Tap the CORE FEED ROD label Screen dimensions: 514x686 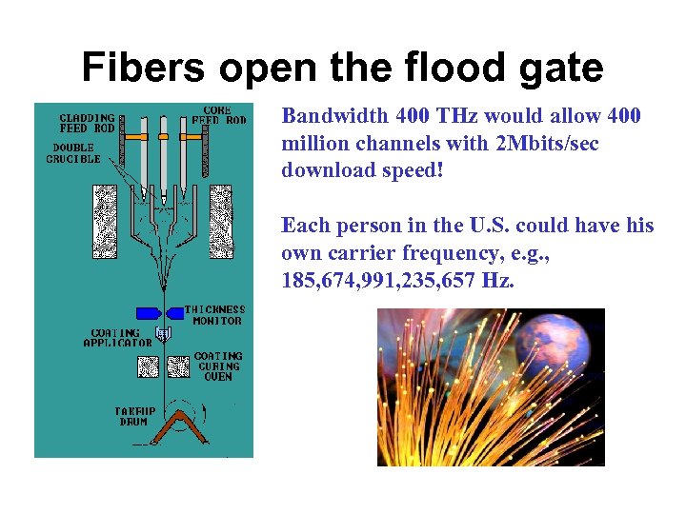click(218, 114)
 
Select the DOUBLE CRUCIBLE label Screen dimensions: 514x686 click(73, 153)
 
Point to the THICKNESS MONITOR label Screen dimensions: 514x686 click(214, 315)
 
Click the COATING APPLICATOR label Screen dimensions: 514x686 click(117, 338)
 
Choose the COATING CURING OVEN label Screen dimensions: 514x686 click(218, 366)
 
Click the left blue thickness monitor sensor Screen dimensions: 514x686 click(148, 313)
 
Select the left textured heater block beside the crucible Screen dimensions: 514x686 click(104, 213)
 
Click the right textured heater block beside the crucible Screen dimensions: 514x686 click(221, 213)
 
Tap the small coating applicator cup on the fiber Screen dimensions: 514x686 click(164, 334)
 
